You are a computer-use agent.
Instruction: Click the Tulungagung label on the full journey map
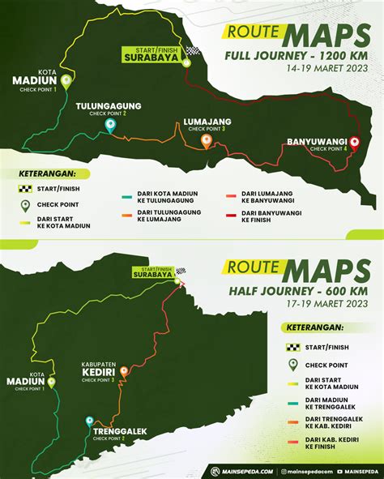(109, 105)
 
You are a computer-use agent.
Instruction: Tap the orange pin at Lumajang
(207, 141)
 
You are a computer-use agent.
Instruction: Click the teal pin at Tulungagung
(110, 126)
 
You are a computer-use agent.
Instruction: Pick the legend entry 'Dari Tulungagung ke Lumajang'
(158, 218)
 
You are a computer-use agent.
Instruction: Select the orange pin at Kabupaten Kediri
(123, 372)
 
